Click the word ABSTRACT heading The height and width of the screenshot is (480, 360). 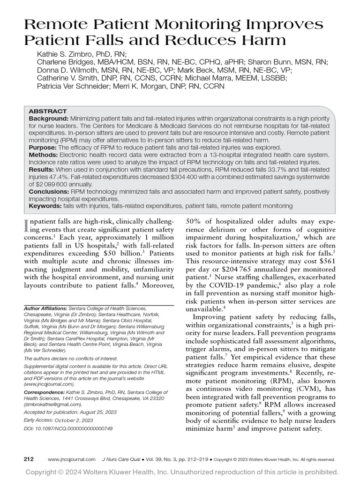point(48,112)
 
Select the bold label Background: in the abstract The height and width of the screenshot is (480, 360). point(49,119)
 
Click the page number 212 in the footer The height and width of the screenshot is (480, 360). point(29,459)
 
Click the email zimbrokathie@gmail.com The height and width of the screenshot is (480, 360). point(52,404)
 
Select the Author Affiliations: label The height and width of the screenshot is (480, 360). point(45,309)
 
